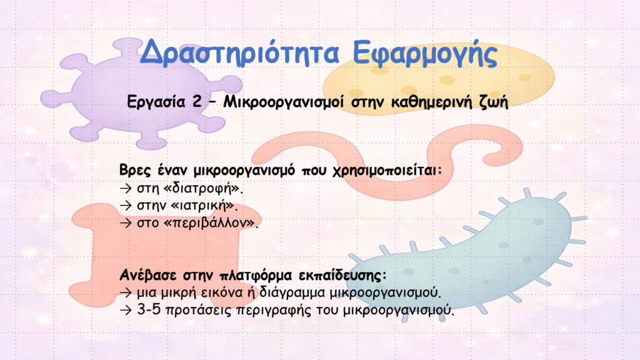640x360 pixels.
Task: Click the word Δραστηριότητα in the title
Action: (239, 53)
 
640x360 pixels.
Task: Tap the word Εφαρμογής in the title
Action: (425, 54)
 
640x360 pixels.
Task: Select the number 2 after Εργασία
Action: (197, 101)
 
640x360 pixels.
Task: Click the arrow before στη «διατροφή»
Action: (126, 188)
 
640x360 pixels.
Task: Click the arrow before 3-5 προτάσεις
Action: (126, 310)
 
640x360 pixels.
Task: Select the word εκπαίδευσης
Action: (342, 276)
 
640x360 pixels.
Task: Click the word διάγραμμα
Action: (292, 293)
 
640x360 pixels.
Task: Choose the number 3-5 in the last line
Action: (149, 309)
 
